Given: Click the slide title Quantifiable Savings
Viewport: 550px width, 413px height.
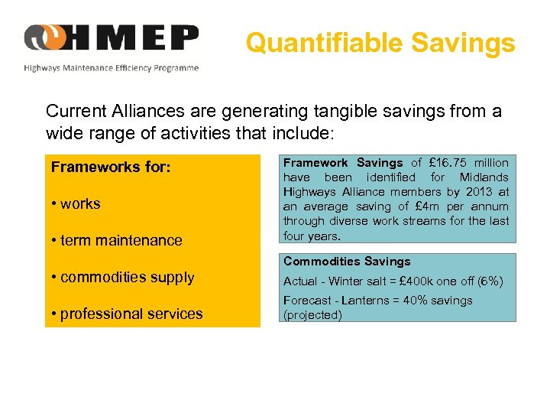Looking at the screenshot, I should tap(380, 43).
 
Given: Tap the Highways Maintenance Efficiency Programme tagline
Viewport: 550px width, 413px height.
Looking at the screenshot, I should tap(112, 68).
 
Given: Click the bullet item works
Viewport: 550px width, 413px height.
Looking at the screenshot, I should tap(76, 203).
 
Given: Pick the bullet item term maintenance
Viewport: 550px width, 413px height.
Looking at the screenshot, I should tap(116, 240).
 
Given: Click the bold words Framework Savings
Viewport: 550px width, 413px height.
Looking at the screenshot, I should tap(343, 163).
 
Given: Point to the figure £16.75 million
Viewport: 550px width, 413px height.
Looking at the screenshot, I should tap(467, 163).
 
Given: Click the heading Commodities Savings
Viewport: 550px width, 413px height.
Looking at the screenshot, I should tap(347, 262).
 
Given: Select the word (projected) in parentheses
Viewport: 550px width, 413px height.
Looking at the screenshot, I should tap(312, 315).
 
